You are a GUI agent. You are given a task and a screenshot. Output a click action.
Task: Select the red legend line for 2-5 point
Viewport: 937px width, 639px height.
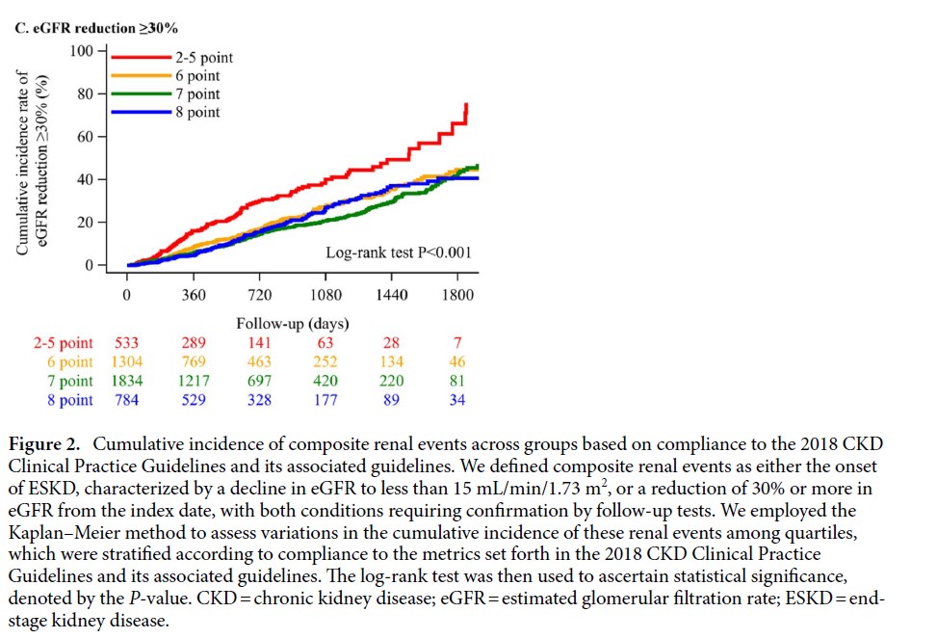(x=143, y=57)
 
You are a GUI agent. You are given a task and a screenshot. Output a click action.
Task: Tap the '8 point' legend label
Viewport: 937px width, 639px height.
(x=196, y=113)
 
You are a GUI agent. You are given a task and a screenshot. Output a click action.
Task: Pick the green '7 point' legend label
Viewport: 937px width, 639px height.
(x=196, y=94)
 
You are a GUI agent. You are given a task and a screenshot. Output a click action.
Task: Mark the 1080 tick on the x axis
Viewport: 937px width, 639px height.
(x=325, y=295)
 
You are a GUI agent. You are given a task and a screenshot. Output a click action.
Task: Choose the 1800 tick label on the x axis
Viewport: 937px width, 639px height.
(x=457, y=295)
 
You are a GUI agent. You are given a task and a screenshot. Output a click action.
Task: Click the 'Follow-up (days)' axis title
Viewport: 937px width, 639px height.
(x=293, y=323)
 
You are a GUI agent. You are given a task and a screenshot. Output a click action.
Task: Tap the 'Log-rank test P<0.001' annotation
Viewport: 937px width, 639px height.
(x=399, y=253)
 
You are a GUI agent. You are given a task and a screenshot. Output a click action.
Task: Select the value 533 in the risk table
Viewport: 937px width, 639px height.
(x=127, y=343)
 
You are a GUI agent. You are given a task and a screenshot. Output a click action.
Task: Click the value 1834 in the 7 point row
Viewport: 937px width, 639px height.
(x=127, y=381)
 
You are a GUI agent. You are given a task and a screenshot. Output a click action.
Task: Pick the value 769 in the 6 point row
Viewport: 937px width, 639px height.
(x=194, y=362)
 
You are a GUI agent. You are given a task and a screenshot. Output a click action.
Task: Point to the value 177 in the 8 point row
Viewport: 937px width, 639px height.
(x=325, y=400)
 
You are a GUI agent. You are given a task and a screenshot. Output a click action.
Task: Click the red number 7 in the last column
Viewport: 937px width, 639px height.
(x=457, y=343)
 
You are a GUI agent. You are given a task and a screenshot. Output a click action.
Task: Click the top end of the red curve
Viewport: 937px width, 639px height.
(x=467, y=104)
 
